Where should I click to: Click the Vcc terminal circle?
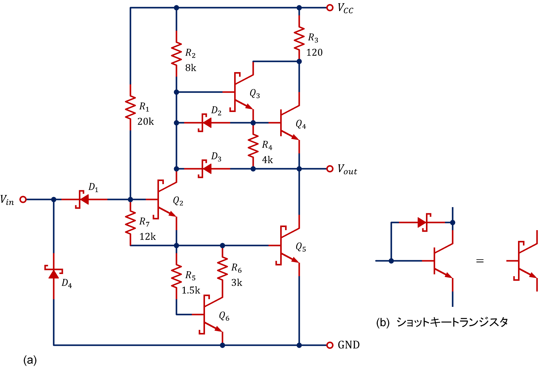[x=330, y=8]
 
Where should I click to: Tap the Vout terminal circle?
[x=330, y=169]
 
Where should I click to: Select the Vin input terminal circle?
[x=23, y=199]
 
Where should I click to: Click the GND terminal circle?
[x=330, y=345]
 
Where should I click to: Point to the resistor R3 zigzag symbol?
[x=299, y=38]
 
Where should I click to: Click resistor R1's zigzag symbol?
[x=130, y=107]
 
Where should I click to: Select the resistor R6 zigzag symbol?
[x=222, y=268]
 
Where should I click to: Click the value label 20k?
[x=145, y=122]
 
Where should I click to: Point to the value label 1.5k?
[x=191, y=290]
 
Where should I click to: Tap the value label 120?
[x=315, y=53]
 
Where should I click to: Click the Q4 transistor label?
[x=301, y=124]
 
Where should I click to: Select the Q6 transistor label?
[x=224, y=316]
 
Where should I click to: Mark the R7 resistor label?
[x=144, y=222]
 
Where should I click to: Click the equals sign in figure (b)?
[x=480, y=261]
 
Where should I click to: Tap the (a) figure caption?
[x=30, y=360]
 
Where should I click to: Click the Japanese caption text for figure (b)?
[x=452, y=322]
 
